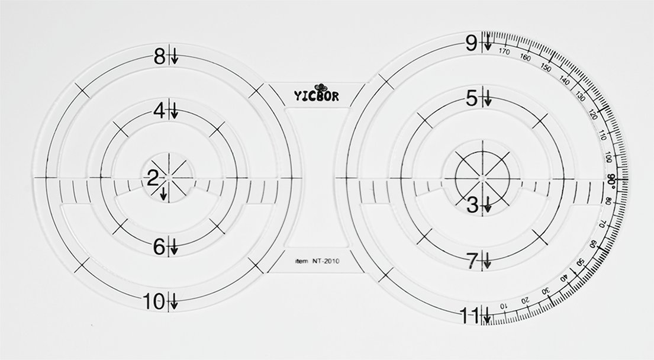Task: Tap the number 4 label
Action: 160,111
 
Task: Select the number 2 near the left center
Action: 153,179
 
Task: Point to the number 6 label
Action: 160,247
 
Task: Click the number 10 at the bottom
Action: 154,301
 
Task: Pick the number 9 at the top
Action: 471,43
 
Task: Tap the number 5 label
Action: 472,99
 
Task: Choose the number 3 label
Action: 472,205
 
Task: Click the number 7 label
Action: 472,261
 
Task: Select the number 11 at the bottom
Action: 469,315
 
